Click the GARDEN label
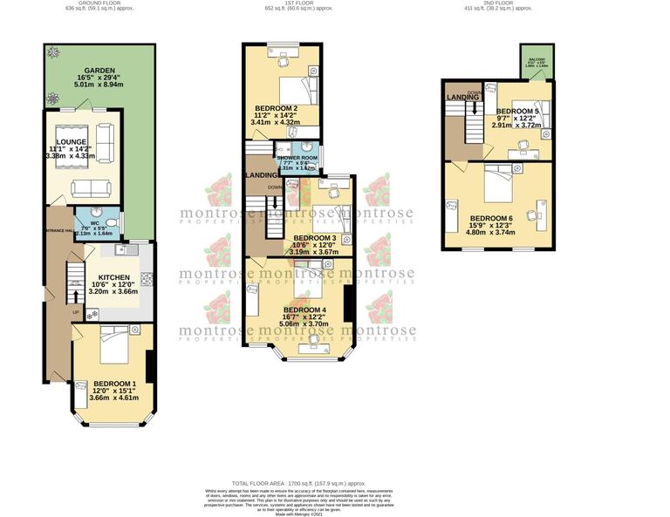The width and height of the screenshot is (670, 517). click(99, 71)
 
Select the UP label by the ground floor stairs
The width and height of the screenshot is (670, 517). click(76, 312)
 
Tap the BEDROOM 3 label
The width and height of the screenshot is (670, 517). click(314, 237)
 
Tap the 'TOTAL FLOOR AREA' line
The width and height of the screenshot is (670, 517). click(298, 482)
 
